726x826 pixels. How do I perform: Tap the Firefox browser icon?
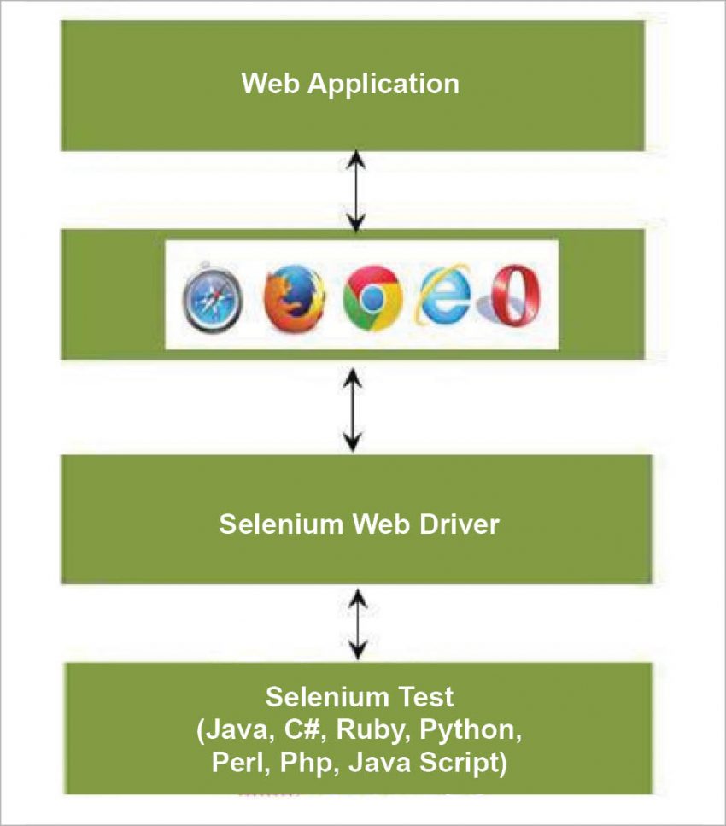point(294,299)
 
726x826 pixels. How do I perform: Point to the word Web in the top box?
point(271,84)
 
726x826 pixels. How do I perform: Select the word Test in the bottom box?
point(424,697)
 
